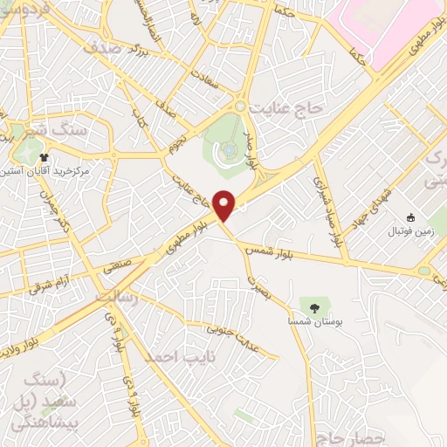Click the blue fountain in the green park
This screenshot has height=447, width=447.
pos(229,150)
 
